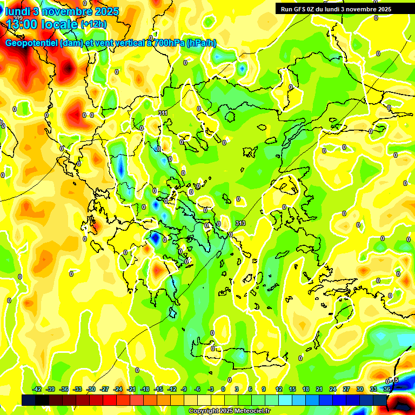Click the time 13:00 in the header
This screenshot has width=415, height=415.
point(22,24)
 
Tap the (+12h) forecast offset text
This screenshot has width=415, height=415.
point(93,24)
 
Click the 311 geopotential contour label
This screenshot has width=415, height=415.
point(163,112)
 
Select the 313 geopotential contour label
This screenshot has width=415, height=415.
point(240,223)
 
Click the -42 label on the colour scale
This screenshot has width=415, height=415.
point(37,389)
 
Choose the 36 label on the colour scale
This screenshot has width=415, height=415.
point(387,389)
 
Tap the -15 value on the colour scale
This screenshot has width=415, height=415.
point(158,389)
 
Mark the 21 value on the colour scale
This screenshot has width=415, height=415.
point(319,389)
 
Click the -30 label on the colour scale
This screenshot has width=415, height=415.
point(91,389)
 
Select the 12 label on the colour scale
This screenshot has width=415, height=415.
point(279,389)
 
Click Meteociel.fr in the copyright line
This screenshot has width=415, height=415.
point(251,411)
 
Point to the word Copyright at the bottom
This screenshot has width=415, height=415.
point(205,411)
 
